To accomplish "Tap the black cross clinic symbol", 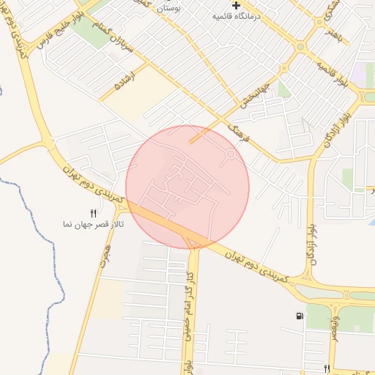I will pos(237,5).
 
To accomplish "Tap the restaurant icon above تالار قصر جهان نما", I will pos(93,213).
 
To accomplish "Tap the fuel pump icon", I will pos(300,316).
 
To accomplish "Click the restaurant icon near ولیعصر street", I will pos(327,368).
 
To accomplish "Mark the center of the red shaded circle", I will pos(187,187).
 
